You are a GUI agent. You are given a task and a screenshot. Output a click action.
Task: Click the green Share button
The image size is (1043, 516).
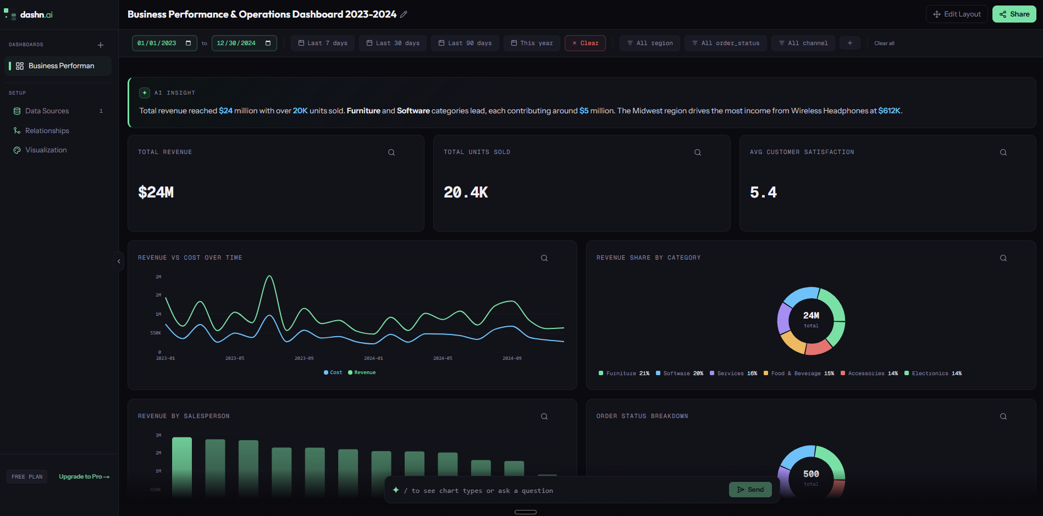1014,14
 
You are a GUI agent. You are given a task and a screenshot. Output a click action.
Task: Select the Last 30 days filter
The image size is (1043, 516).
393,43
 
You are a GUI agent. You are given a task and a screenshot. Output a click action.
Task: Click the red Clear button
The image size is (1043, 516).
585,43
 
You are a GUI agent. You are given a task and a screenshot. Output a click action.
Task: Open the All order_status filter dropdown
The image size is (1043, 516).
725,43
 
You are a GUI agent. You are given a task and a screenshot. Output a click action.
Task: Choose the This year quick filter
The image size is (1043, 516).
532,43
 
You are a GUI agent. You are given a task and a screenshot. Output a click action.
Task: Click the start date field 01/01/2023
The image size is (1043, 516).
157,43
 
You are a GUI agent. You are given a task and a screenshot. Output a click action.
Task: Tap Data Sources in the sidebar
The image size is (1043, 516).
47,111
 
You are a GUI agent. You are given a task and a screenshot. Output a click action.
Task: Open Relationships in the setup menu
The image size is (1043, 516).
47,130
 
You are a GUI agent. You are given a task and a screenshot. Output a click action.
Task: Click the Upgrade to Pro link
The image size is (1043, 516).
84,476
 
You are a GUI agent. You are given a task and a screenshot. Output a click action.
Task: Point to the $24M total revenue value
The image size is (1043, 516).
156,193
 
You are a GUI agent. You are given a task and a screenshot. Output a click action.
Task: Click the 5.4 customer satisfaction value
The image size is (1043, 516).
763,193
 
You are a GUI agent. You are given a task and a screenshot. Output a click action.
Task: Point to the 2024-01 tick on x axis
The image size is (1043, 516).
373,358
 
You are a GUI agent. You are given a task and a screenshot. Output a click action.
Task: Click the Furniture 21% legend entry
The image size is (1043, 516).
624,374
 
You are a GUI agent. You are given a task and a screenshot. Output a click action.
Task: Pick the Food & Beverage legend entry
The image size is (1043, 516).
798,374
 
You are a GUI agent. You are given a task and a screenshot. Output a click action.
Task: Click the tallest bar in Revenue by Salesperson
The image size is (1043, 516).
182,462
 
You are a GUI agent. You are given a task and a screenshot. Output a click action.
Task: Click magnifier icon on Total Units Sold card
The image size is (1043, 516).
697,152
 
